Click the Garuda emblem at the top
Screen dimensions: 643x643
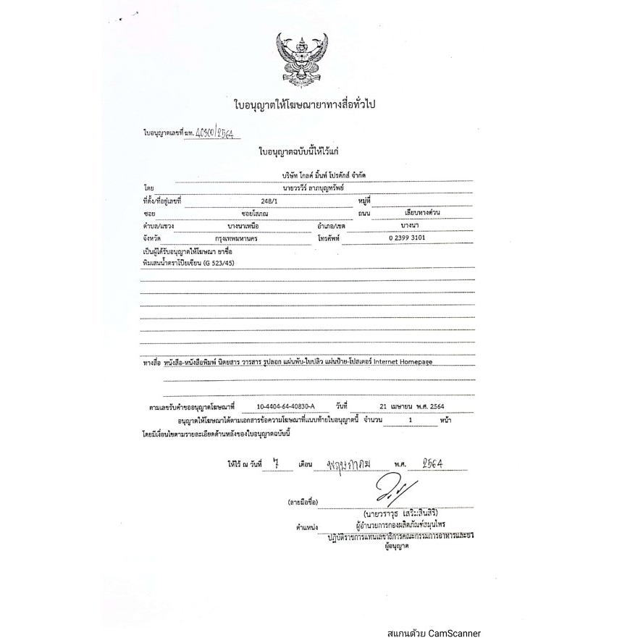[x=302, y=59]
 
